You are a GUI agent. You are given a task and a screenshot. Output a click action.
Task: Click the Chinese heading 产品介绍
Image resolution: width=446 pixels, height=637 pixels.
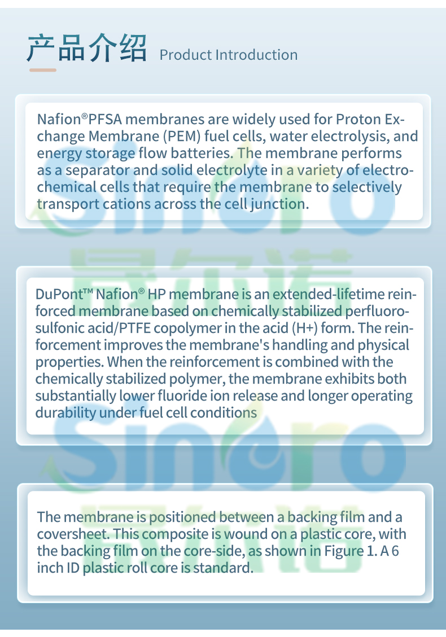tap(86, 48)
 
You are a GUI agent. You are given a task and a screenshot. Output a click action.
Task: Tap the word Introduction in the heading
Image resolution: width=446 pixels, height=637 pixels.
tap(256, 55)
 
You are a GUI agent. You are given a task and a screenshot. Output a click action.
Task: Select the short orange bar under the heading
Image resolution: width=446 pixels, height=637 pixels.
tap(43, 70)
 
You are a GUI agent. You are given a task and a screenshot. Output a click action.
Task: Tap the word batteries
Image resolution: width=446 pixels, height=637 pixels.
tap(202, 153)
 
